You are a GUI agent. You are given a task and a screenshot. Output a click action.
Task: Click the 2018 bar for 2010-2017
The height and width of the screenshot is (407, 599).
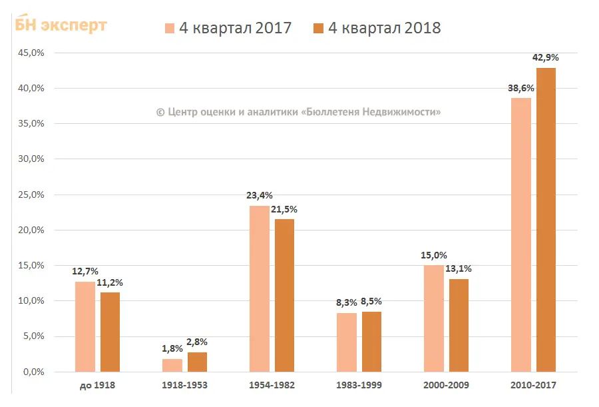[546, 220]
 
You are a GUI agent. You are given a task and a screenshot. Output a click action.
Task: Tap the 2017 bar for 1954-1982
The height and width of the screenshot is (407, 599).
[260, 288]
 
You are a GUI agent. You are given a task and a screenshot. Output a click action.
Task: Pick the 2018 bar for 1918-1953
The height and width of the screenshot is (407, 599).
[197, 362]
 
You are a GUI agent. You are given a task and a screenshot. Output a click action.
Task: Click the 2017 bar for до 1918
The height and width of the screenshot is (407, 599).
[85, 326]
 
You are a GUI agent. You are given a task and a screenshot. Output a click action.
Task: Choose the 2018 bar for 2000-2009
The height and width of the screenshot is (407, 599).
[459, 325]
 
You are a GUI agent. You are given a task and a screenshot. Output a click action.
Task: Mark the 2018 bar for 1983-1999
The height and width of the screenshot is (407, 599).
[371, 342]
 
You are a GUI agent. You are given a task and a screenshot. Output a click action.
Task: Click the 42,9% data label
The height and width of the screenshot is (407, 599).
[546, 58]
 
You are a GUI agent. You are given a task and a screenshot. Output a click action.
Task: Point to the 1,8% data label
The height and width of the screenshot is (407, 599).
[172, 348]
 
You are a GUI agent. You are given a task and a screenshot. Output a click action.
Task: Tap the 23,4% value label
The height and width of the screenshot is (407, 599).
[260, 195]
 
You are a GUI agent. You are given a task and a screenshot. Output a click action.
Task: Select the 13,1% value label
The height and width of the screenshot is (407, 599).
[459, 268]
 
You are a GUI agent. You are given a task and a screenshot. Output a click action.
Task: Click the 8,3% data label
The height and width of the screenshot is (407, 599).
[346, 302]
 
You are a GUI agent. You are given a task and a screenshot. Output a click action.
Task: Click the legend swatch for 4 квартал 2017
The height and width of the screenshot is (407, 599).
[170, 29]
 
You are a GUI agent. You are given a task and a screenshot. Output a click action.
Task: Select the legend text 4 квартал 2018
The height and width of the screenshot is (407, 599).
[384, 28]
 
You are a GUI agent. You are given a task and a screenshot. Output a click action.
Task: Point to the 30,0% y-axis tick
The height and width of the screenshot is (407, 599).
[30, 159]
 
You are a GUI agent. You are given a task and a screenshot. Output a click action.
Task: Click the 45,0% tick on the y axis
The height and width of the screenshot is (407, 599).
[30, 53]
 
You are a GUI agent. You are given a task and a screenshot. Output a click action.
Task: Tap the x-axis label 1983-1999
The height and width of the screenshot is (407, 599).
[359, 385]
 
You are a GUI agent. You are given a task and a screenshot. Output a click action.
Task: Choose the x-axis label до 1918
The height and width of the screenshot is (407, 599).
[97, 385]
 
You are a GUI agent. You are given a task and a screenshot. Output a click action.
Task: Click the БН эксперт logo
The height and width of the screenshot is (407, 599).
[61, 25]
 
